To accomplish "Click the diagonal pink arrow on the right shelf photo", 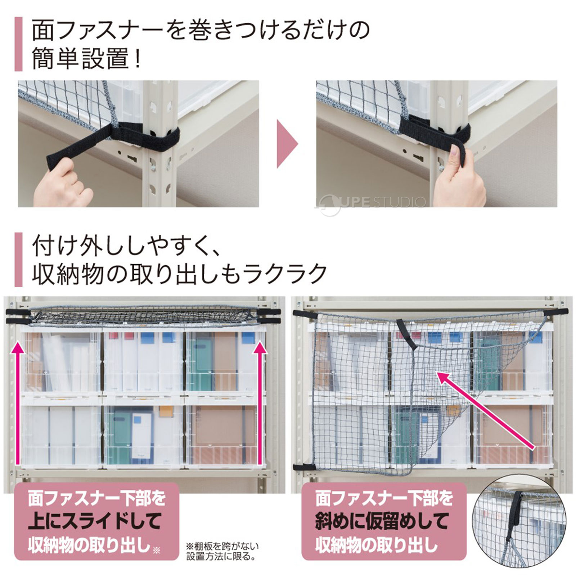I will [486, 410].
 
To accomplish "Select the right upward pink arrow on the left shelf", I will [259, 403].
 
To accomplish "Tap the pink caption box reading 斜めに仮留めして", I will [384, 521].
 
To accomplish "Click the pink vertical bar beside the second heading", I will [18, 259].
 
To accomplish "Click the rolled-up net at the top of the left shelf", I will [144, 315].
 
